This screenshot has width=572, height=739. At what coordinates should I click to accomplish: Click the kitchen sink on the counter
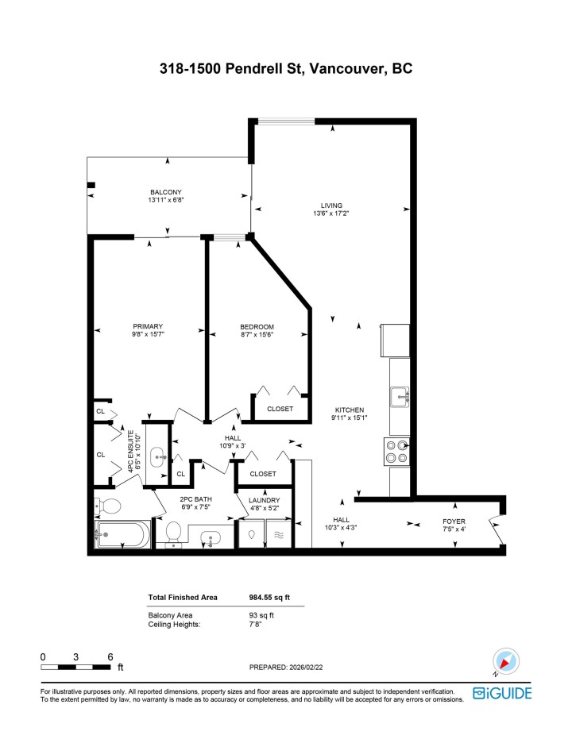click(x=399, y=395)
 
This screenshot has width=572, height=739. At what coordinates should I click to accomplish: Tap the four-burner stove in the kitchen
click(x=396, y=451)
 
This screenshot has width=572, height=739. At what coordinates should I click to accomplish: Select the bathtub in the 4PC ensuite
click(x=121, y=535)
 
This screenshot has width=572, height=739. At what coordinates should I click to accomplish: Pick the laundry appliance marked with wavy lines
click(x=279, y=535)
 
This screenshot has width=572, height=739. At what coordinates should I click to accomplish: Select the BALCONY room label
click(x=166, y=192)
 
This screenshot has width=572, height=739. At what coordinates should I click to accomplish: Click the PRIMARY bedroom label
click(x=148, y=326)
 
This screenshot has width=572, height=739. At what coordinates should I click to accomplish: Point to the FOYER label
click(x=454, y=522)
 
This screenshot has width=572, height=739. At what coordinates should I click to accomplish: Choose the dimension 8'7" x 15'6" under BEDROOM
click(x=257, y=335)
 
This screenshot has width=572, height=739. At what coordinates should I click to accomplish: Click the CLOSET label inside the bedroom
click(x=280, y=409)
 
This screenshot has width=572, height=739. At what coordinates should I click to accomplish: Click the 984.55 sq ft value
click(x=272, y=598)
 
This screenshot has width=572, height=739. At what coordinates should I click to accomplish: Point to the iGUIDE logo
click(x=502, y=693)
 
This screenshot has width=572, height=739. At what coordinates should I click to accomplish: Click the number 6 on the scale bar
click(x=110, y=656)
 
